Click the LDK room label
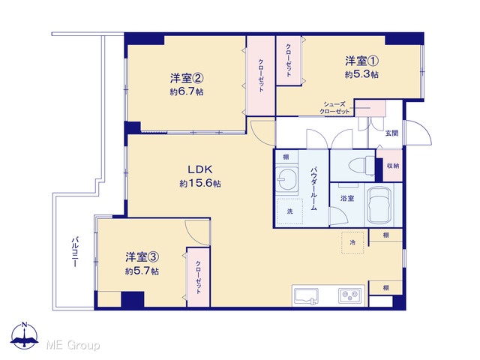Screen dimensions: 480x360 pos(200,169)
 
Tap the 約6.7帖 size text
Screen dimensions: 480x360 pos(187,91)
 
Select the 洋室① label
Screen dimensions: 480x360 pos(361,61)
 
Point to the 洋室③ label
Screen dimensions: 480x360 pos(142,257)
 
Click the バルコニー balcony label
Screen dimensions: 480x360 pos(75,252)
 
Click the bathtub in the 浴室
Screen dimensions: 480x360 pos(380,205)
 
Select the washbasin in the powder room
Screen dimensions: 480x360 pos(286,180)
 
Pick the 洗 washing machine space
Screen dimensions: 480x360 pos(290,211)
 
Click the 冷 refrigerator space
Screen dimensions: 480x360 pos(352,242)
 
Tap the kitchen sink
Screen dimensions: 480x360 pos(306,296)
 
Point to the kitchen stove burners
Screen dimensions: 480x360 pos(349,296)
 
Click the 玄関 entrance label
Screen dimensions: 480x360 pos(391,133)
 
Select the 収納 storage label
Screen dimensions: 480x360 pos(393,166)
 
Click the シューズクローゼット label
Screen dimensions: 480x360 pos(334,108)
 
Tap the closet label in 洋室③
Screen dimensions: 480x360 pos(198,277)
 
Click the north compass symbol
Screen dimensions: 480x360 pos(25,335)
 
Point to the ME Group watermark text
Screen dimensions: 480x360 pos(73,345)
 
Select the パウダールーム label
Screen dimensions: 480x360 pos(313,188)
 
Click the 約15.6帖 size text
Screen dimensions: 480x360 pos(200,183)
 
